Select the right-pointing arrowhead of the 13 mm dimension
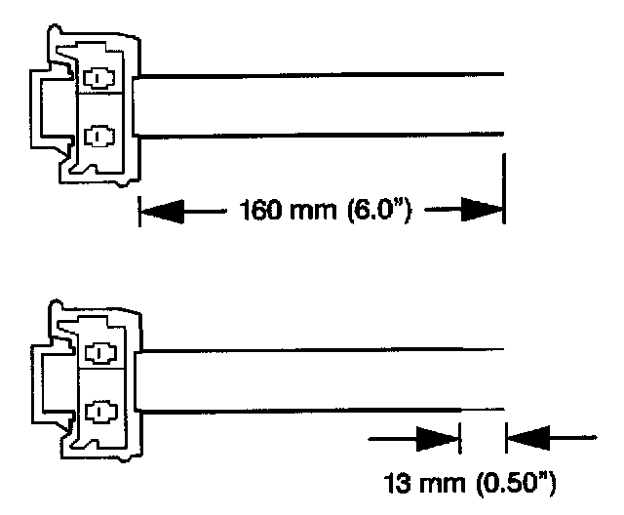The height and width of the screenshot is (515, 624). pos(438,441)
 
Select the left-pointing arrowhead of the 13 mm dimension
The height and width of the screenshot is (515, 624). pos(526,441)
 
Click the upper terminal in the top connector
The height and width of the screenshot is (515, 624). pos(98,76)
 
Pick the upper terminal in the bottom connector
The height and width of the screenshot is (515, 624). pos(98,351)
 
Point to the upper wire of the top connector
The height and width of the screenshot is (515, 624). pos(322,73)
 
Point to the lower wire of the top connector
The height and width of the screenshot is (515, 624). pos(322,134)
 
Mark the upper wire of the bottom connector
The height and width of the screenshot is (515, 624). pos(322,348)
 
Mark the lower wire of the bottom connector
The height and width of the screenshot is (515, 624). pos(322,409)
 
